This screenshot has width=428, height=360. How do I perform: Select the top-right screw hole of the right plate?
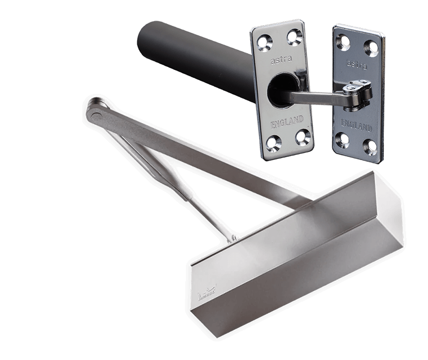tap(371, 47)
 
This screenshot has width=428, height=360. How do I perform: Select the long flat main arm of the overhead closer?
tap(199, 150)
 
